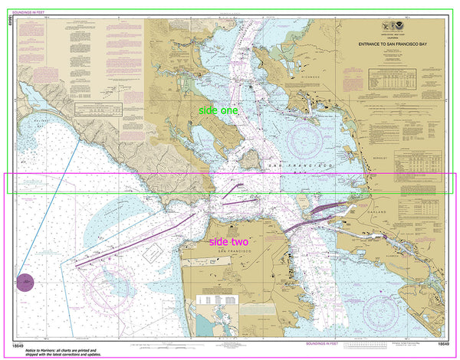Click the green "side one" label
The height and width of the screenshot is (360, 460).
(218, 111)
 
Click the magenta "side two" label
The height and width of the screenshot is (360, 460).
(228, 242)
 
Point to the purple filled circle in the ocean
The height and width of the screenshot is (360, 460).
(26, 283)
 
